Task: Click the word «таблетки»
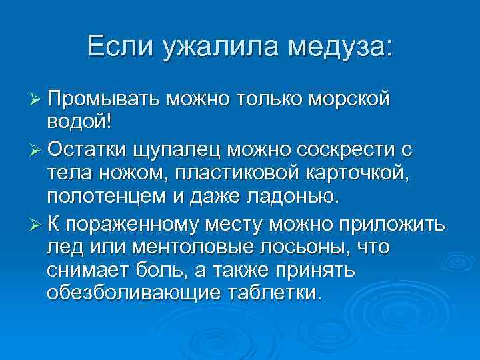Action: (x=274, y=293)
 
